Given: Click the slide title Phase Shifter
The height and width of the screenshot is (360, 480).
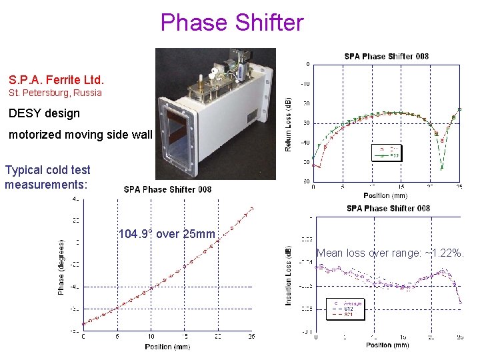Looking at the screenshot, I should (231, 23).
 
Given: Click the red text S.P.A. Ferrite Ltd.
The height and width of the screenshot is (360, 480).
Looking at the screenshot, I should (56, 79).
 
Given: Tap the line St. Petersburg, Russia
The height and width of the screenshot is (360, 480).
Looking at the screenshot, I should (55, 93).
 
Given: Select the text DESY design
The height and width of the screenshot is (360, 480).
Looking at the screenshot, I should (44, 113).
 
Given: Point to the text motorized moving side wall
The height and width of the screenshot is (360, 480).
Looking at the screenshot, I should (81, 135).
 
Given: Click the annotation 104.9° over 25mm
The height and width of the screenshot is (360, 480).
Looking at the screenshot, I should (167, 234).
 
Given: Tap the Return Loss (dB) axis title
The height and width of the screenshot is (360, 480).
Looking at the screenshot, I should (289, 124).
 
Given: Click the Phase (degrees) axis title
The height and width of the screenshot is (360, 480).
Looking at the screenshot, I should (61, 267).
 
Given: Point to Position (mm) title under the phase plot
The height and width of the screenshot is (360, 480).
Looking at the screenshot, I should (167, 347).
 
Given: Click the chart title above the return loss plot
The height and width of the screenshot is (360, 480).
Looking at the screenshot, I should (386, 57).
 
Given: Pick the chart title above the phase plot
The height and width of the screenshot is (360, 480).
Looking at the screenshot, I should (167, 189).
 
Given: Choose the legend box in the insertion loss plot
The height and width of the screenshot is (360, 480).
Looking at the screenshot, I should (346, 308).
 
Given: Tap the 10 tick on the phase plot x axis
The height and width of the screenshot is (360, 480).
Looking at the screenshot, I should (151, 337).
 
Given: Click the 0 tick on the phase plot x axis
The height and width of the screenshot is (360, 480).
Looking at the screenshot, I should (83, 337).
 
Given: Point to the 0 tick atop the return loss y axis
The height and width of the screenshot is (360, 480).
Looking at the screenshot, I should (307, 64).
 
